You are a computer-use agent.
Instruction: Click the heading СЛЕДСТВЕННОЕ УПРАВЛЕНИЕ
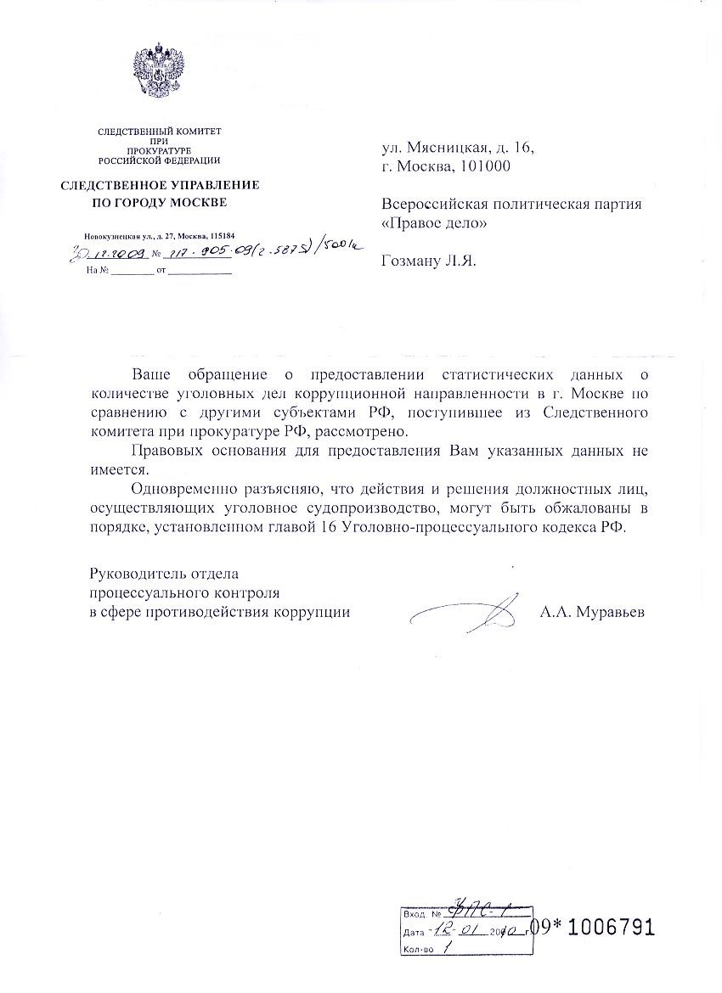159,184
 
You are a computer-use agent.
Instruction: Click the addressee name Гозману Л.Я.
430,262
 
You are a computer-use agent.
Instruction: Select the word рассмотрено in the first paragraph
369,430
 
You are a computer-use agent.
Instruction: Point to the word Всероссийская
432,205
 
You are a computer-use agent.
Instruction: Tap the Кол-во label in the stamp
419,948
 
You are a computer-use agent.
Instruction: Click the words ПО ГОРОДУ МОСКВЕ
159,203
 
